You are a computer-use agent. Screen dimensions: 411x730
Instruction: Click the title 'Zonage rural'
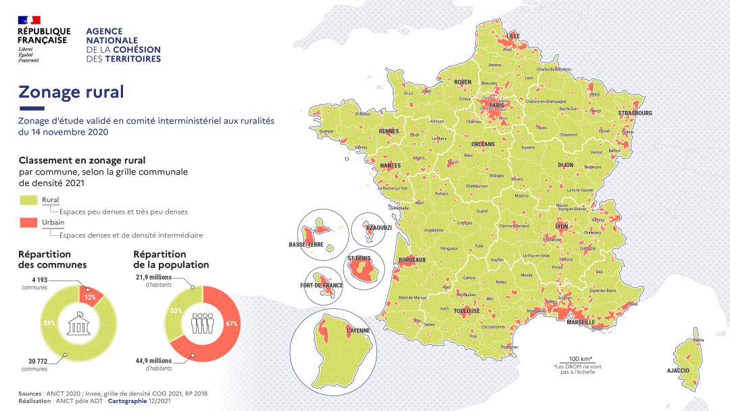[71, 92]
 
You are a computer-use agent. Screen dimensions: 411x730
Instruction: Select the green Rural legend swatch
[29, 200]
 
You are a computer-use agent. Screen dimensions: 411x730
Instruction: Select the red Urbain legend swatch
[29, 222]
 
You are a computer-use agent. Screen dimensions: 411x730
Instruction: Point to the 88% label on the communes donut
[48, 322]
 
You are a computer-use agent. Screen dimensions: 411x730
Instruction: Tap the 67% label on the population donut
[231, 324]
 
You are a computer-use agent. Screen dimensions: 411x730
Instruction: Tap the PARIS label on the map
[497, 106]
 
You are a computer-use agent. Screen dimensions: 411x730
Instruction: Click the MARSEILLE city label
[580, 322]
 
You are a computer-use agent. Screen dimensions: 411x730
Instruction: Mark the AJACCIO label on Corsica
[678, 370]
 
